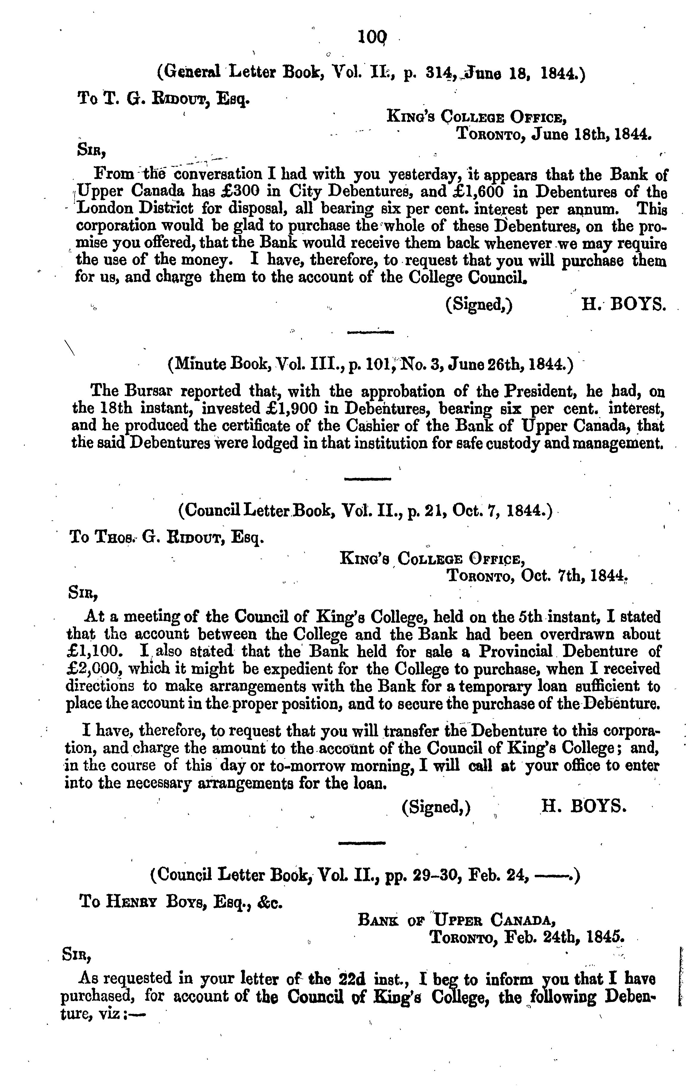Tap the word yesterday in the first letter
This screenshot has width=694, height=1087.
(x=425, y=174)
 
